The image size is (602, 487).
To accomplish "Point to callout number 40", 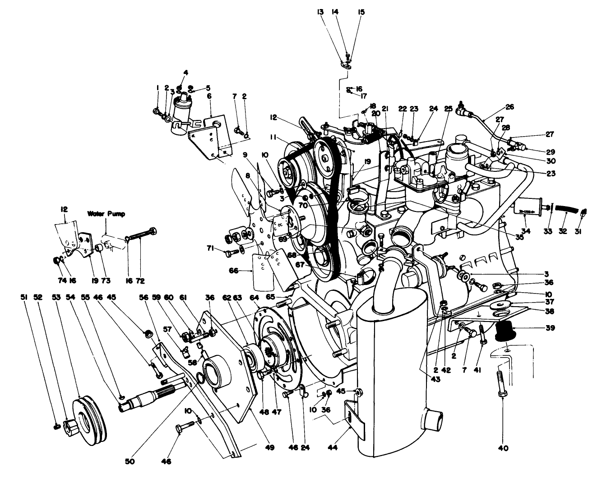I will tap(503, 448).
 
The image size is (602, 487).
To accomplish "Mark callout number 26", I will tap(510, 107).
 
